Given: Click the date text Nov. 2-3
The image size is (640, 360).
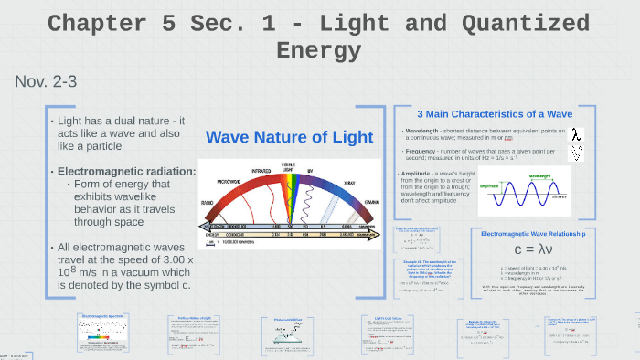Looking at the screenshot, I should click(x=46, y=82).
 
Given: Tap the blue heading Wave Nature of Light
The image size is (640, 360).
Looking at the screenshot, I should click(x=289, y=137).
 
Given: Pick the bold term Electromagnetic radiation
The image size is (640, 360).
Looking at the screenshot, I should click(x=126, y=171).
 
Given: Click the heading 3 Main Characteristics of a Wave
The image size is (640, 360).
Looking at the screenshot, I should click(x=494, y=114).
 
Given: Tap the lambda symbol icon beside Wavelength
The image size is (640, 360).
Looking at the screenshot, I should click(x=576, y=134).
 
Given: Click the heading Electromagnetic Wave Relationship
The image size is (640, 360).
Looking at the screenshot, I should click(x=533, y=234).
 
